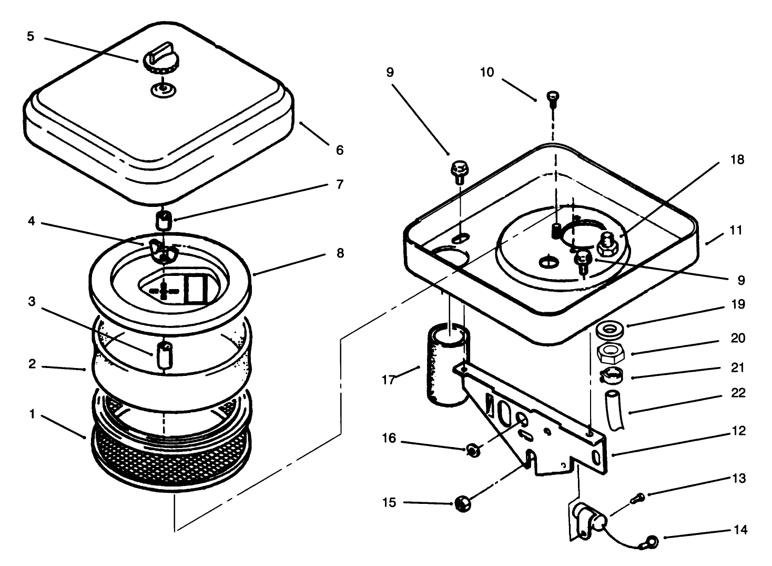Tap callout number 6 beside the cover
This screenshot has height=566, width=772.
click(340, 151)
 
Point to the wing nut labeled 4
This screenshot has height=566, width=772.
click(162, 250)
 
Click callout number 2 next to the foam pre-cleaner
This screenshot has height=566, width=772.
click(32, 364)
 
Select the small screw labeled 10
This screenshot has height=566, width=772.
click(553, 98)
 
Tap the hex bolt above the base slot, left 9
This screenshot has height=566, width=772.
click(459, 171)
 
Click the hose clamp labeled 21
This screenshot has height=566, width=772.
click(611, 375)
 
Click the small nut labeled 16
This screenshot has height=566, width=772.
click(473, 450)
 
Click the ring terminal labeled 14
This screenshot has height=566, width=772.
click(652, 540)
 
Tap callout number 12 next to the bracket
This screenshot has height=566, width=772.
click(738, 431)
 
